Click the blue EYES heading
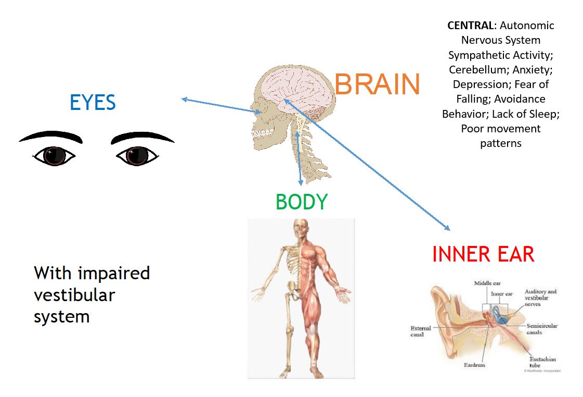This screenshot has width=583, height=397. pyautogui.click(x=93, y=103)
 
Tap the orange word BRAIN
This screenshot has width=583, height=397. pyautogui.click(x=377, y=84)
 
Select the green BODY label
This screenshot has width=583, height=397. pyautogui.click(x=302, y=202)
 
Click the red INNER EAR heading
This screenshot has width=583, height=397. pyautogui.click(x=483, y=254)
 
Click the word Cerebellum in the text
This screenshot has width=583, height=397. pyautogui.click(x=475, y=69)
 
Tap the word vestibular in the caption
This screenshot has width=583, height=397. pyautogui.click(x=74, y=294)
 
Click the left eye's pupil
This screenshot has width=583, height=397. pyautogui.click(x=54, y=155)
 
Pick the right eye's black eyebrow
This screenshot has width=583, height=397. pyautogui.click(x=142, y=137)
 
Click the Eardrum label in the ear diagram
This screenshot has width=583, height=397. pyautogui.click(x=475, y=365)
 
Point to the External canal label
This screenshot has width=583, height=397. pyautogui.click(x=421, y=331)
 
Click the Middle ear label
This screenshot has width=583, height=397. pyautogui.click(x=487, y=283)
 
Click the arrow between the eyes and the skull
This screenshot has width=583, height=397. pyautogui.click(x=221, y=105)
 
